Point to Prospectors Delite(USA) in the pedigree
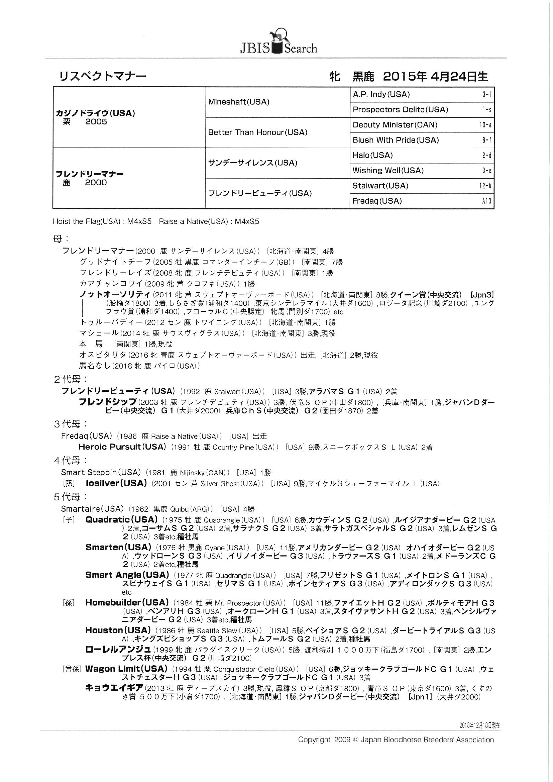400,110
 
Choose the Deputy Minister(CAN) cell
395,125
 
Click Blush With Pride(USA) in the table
395,140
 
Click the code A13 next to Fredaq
486,201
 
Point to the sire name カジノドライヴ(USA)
95,113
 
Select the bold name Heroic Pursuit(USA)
122,447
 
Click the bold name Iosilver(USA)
116,483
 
